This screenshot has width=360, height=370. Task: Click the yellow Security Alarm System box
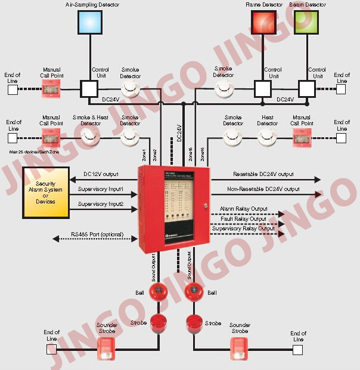(45, 193)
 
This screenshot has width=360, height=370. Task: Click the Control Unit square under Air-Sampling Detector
(89, 89)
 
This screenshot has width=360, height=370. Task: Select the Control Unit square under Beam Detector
(306, 89)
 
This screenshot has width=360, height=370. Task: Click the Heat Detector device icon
(267, 138)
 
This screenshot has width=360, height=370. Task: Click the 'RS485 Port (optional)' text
(97, 235)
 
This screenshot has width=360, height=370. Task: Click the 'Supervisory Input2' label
(100, 204)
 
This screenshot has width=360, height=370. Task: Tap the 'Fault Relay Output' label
(243, 219)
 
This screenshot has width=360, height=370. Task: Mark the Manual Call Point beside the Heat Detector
(302, 138)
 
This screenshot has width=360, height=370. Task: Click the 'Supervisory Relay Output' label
(243, 229)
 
